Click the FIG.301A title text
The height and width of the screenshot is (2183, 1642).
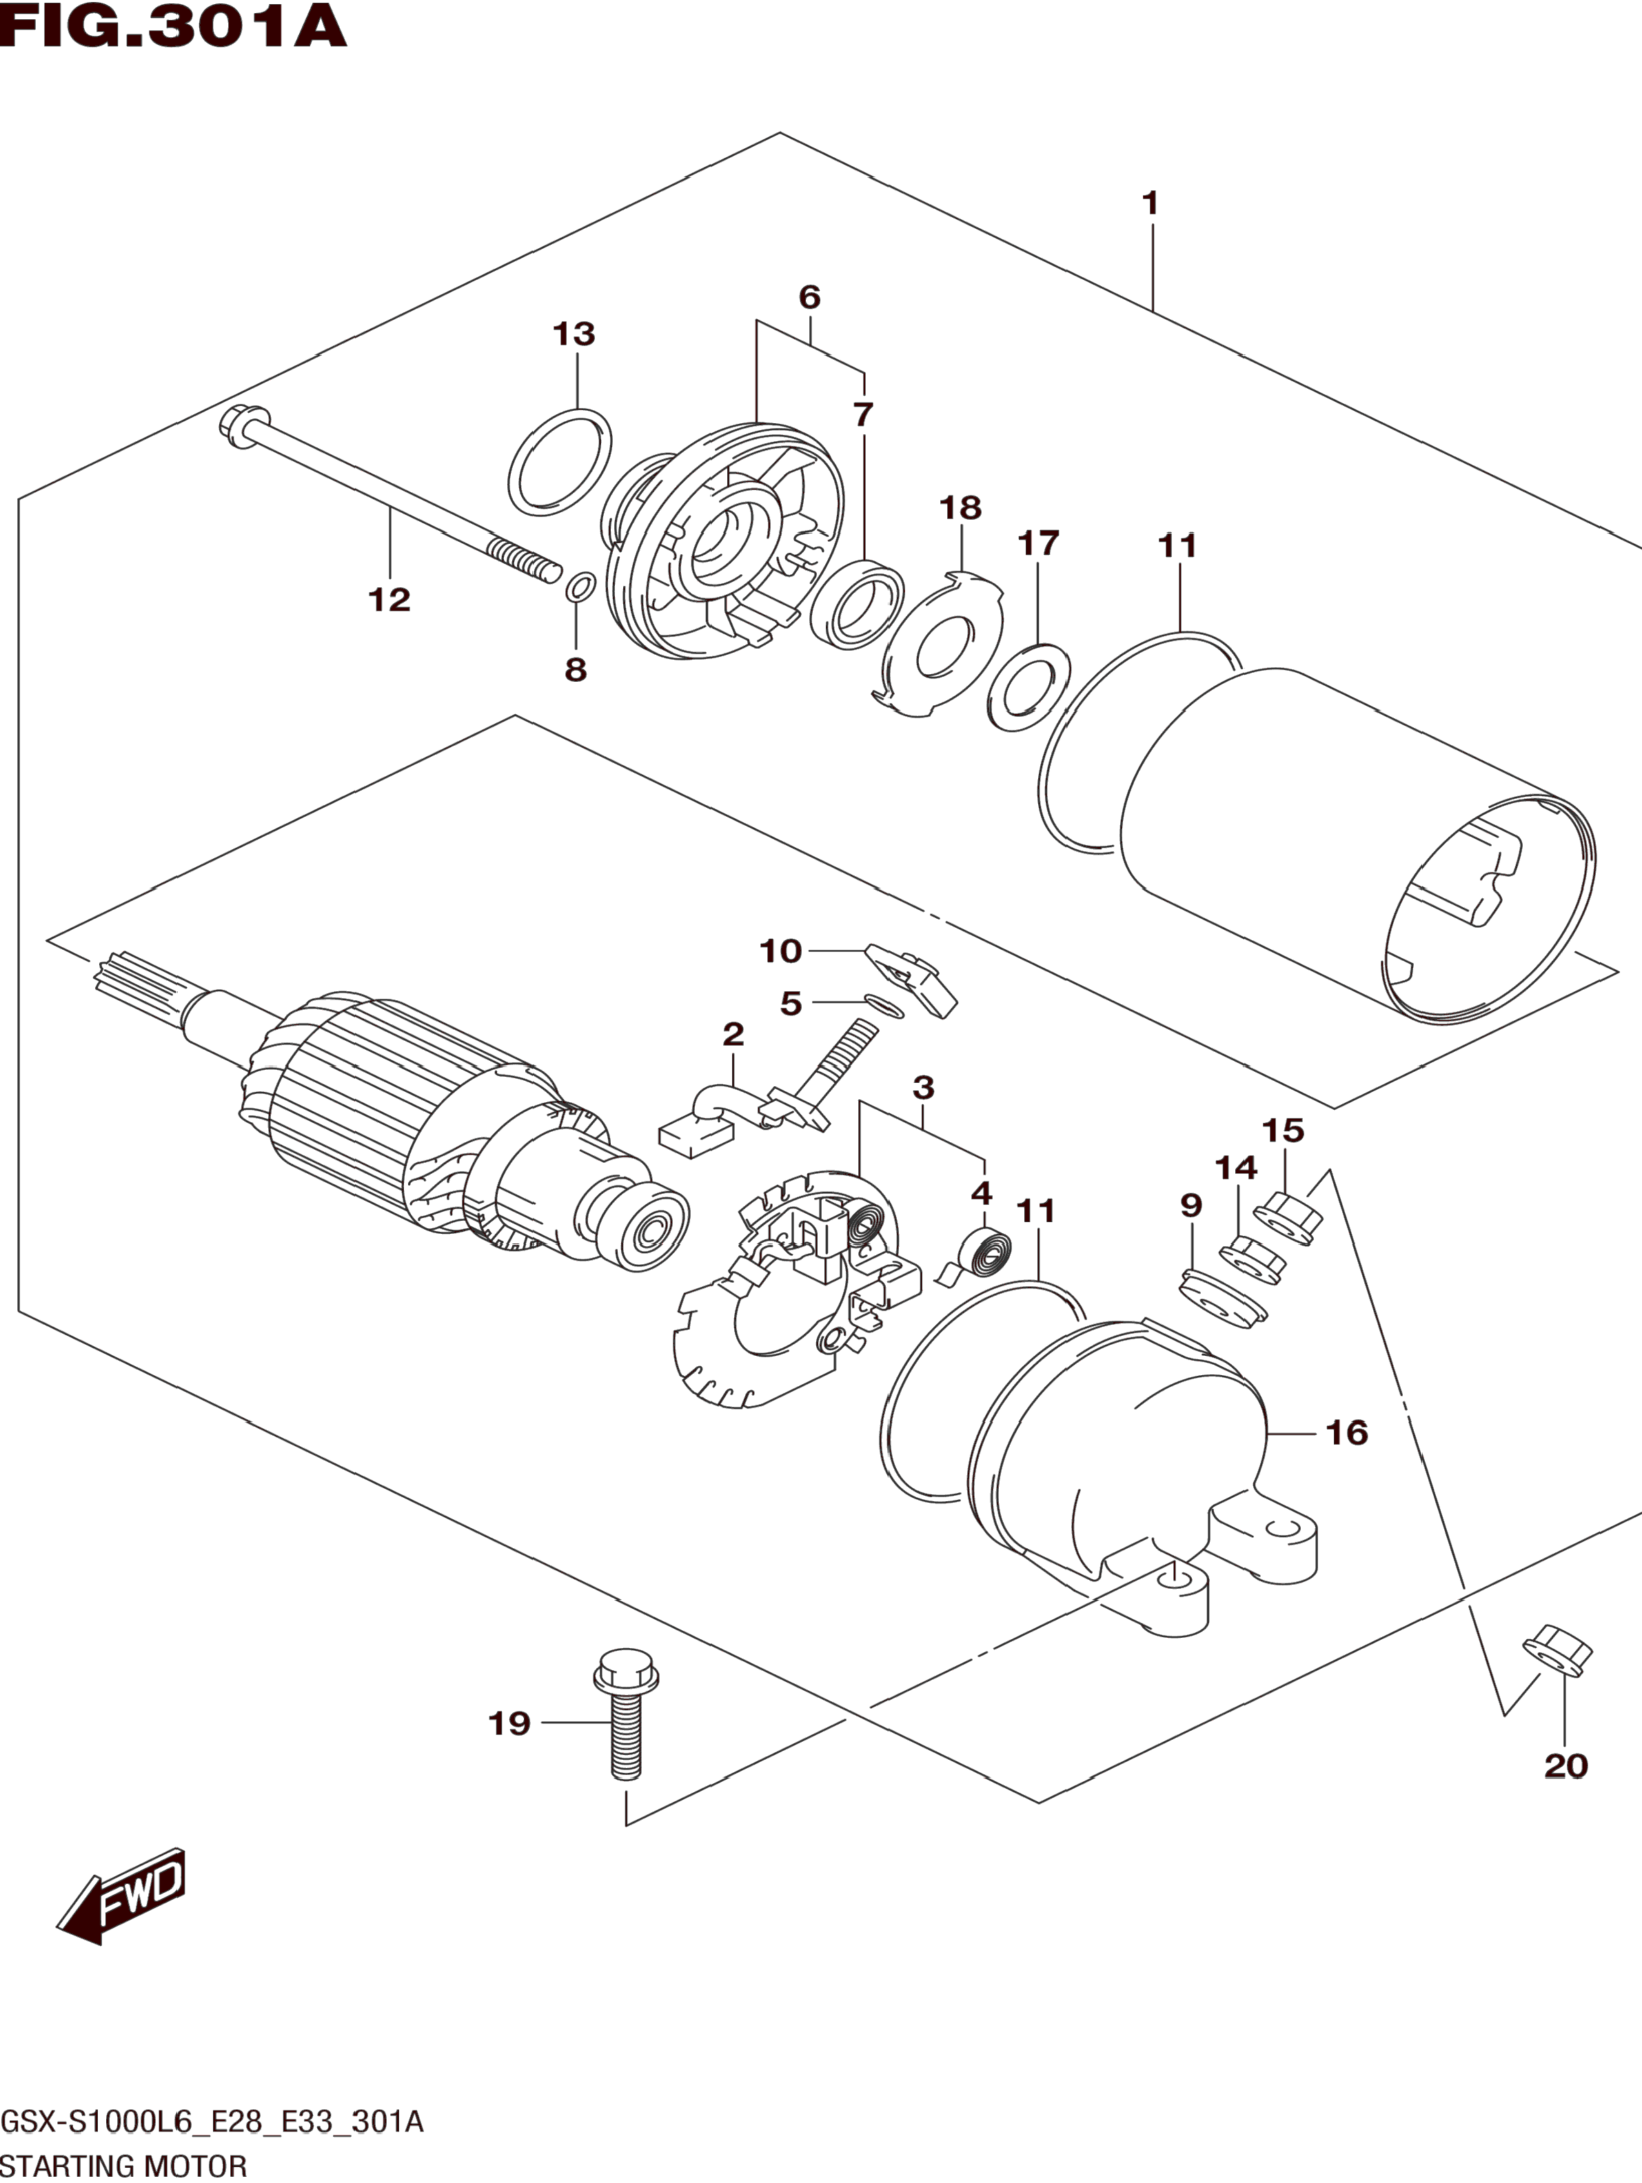[x=173, y=27]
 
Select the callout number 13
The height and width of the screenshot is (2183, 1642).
[x=574, y=334]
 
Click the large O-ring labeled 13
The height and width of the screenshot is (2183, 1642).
[x=560, y=462]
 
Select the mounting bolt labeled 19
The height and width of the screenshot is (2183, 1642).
[x=626, y=1721]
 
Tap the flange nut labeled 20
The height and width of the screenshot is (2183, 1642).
[x=1557, y=1647]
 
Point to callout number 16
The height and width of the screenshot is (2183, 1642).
[x=1347, y=1433]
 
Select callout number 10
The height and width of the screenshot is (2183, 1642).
[x=780, y=951]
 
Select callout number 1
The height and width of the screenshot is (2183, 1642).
[x=1150, y=204]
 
